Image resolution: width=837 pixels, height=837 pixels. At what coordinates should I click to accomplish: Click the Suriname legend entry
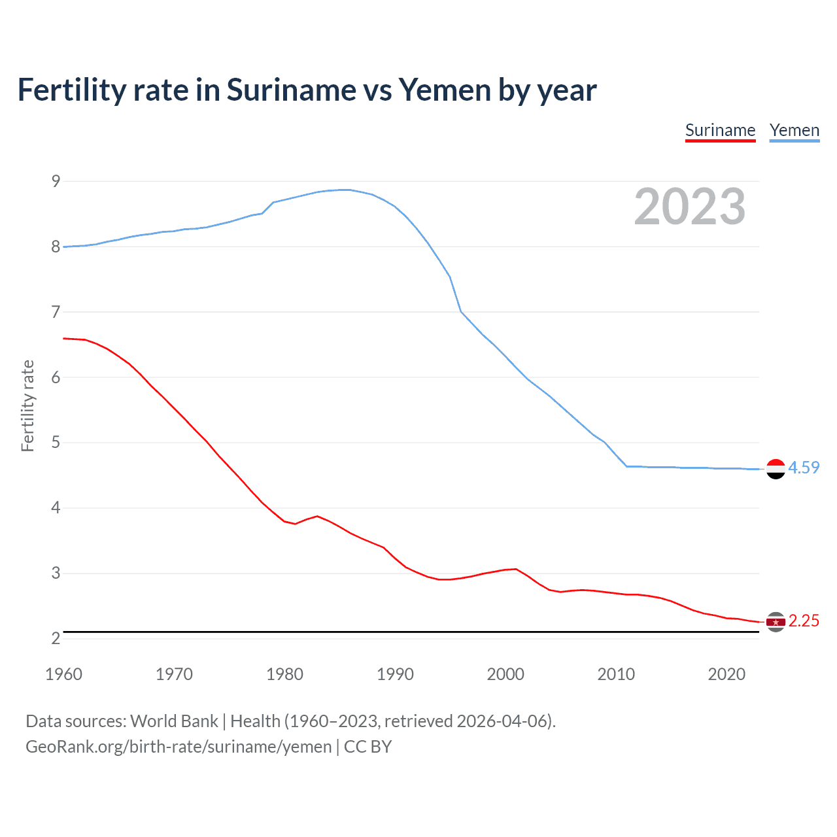coord(720,131)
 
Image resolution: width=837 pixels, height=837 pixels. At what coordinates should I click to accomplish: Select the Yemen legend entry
coord(794,131)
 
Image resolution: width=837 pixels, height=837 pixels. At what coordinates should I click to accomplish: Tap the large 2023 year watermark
coord(690,207)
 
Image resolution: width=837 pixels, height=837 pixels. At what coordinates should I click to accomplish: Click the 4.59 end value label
coord(804,468)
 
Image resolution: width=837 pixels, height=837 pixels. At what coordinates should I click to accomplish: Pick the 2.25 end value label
coord(804,621)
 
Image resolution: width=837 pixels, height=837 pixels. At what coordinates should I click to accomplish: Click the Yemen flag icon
coord(776,469)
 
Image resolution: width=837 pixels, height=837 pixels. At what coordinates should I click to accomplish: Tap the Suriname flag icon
coord(776,622)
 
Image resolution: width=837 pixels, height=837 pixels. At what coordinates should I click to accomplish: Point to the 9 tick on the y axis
coord(56,181)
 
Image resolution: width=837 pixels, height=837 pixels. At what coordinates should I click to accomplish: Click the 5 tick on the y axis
coord(56,443)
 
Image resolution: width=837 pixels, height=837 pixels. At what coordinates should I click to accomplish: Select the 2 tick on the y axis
coord(56,638)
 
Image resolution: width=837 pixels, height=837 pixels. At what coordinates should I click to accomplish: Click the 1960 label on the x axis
coord(63,674)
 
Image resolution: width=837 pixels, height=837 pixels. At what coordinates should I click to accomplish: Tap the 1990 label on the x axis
coord(395,674)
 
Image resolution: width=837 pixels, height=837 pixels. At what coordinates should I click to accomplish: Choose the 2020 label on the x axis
coord(726,674)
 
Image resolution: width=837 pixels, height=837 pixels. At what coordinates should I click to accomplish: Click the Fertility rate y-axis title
coord(27,405)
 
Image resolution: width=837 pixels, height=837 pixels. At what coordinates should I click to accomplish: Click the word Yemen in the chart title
coord(444,90)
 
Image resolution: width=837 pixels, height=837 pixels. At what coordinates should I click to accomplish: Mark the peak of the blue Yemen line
coord(345,190)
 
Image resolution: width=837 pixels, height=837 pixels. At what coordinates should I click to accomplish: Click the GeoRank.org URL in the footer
coord(179,747)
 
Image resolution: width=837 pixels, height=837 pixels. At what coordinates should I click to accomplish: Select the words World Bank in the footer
coord(174,721)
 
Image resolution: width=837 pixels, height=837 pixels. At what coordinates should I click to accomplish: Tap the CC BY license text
coord(367,747)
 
